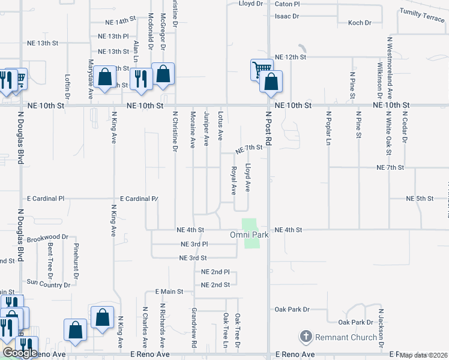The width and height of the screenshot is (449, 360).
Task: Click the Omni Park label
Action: point(249,235)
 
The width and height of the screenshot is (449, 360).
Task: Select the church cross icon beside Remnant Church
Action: point(306,337)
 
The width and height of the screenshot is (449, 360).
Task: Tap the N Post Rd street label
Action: point(270,130)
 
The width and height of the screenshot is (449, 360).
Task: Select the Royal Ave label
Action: point(234,180)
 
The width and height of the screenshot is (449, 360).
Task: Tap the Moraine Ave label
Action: point(193,130)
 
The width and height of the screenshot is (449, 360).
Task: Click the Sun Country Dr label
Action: point(47,281)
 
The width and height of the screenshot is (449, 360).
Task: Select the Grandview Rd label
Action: point(194,329)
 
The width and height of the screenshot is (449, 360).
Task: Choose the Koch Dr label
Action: point(360,23)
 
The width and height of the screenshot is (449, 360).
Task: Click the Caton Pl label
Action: point(287,4)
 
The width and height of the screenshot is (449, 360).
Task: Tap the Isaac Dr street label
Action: point(286,16)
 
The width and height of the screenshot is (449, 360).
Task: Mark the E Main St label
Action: point(169,292)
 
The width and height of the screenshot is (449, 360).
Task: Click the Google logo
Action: point(20,353)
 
